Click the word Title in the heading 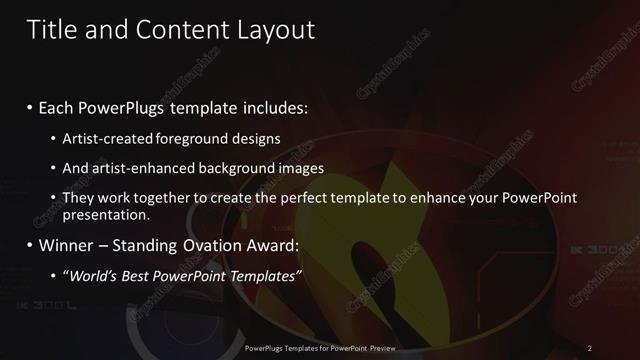[x=53, y=30]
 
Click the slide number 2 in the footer [x=589, y=347]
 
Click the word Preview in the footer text [x=379, y=347]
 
